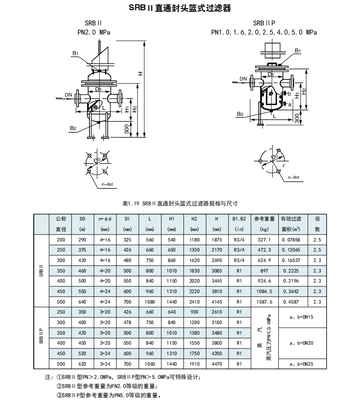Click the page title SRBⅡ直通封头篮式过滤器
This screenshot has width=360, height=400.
(x=179, y=9)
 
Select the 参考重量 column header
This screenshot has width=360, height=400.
(x=264, y=219)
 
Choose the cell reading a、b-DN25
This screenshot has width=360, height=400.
(x=303, y=364)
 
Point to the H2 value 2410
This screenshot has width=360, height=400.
(x=194, y=302)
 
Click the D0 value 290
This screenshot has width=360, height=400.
(x=82, y=240)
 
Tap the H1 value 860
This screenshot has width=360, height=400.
(x=172, y=260)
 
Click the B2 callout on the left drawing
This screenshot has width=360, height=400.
(x=73, y=128)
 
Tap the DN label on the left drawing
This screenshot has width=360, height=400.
(x=68, y=95)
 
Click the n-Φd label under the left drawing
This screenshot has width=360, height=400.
(x=107, y=184)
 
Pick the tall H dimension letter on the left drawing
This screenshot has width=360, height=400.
(x=141, y=74)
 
